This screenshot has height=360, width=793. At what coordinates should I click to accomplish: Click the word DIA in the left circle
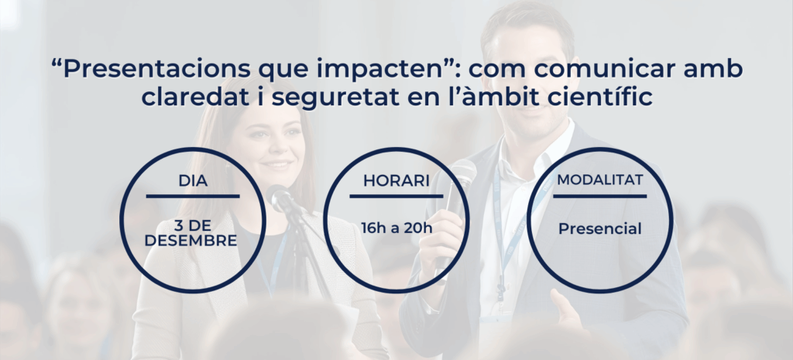[193, 180]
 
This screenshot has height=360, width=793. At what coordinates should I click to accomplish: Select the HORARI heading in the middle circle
[396, 180]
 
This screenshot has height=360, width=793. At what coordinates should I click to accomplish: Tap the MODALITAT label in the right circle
[600, 180]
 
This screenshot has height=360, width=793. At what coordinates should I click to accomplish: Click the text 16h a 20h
[396, 228]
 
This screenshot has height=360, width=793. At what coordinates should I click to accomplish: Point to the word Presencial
[600, 229]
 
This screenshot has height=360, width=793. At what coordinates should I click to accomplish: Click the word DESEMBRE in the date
[191, 241]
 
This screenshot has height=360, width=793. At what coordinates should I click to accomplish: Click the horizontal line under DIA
[193, 196]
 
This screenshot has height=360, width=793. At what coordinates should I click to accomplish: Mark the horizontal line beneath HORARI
[396, 196]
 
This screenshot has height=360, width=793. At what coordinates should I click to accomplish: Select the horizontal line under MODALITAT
[600, 196]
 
